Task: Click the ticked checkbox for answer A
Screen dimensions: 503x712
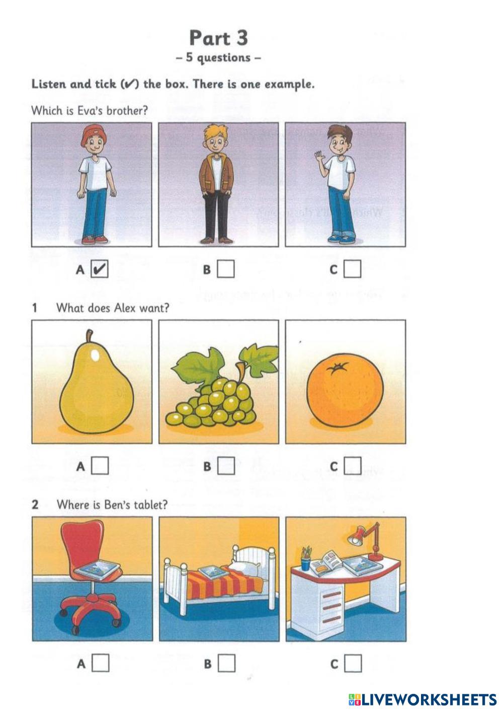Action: coord(100,269)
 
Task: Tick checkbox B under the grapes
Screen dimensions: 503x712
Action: coord(226,466)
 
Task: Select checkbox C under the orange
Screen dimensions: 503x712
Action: coord(353,466)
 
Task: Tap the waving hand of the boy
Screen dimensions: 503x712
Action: coord(319,157)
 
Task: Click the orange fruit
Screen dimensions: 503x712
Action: coord(345,390)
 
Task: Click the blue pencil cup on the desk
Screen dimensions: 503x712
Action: coord(305,562)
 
